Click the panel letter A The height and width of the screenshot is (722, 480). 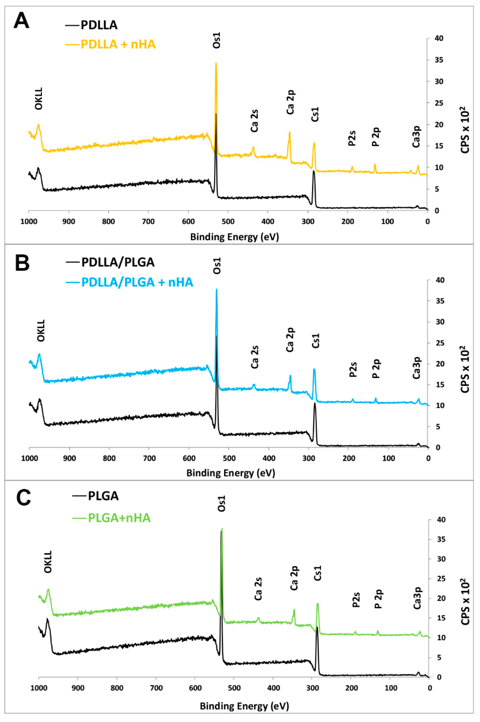(x=21, y=21)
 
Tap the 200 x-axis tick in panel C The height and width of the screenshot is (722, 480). (x=352, y=688)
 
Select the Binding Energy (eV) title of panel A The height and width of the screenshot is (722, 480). (x=234, y=237)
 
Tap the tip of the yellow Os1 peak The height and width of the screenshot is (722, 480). (x=216, y=63)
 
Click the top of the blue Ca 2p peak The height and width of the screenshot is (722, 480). (x=290, y=376)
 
